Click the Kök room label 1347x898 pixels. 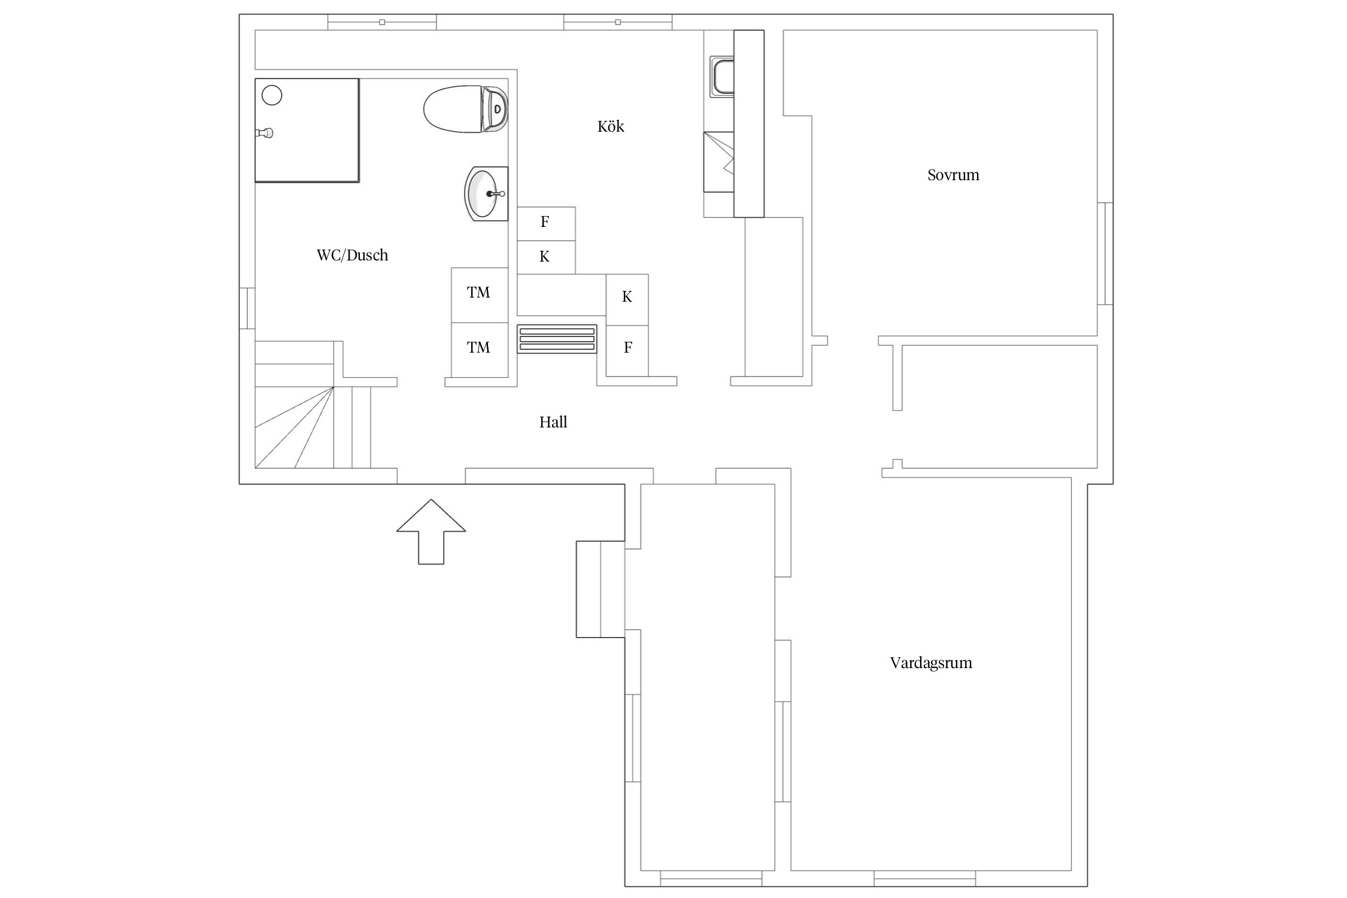point(611,126)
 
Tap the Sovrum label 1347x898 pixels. point(953,175)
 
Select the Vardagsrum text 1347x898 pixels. point(931,663)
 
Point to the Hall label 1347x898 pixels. point(553,422)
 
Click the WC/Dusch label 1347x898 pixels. point(352,255)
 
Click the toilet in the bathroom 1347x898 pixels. point(465,108)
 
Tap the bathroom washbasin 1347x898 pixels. point(486,193)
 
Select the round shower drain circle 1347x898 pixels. point(272,95)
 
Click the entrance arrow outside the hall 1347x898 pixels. point(431,532)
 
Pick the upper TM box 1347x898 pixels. point(480,295)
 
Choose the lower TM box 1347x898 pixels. point(480,350)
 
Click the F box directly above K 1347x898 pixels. point(546,224)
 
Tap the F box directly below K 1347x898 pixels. point(627,351)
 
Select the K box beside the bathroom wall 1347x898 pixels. point(546,257)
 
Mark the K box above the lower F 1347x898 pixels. point(627,300)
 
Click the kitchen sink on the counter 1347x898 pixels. point(722,76)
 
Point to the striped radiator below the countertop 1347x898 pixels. point(557,339)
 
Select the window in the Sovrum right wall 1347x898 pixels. point(1105,254)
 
